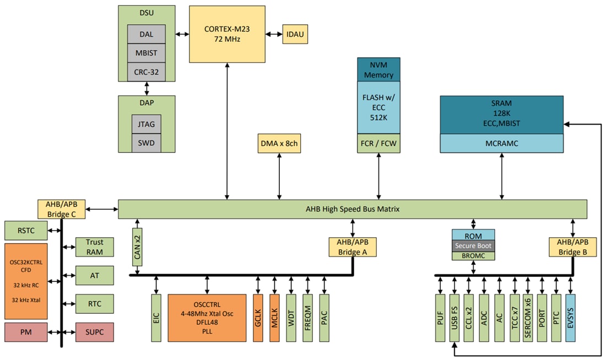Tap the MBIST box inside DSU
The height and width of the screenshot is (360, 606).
[146, 53]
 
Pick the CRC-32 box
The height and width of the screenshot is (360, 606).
[146, 72]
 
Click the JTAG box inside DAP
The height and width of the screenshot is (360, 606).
[146, 124]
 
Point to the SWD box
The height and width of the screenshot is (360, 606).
[146, 143]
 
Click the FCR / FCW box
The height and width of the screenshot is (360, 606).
[378, 144]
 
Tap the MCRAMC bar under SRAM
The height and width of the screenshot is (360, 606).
[501, 143]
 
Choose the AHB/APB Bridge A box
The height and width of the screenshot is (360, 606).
[352, 247]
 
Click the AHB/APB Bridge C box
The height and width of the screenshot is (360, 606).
[62, 209]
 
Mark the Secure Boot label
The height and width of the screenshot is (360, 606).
[473, 246]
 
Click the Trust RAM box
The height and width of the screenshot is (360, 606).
[94, 247]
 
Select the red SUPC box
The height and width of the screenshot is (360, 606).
[94, 332]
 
